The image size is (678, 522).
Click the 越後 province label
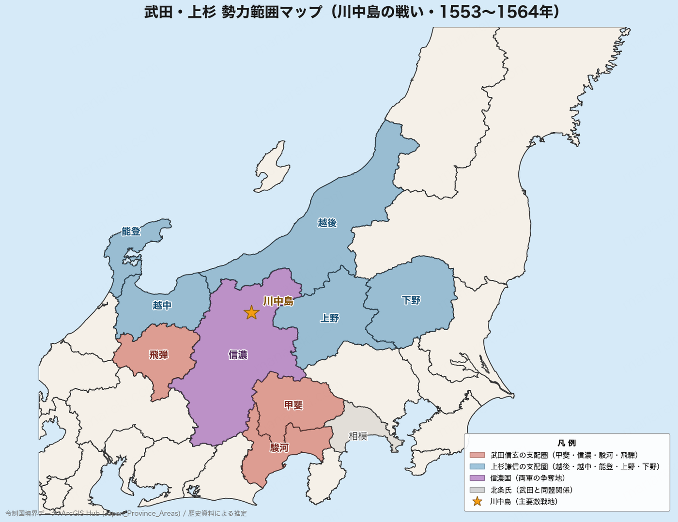[x=327, y=223]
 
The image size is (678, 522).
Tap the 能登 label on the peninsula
[x=131, y=231]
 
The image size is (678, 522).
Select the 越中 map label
[x=162, y=305]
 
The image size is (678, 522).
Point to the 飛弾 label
[x=158, y=355]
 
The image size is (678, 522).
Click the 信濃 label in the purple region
[x=238, y=355]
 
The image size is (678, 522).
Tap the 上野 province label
[x=330, y=318]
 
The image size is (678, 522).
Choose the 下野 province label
[x=411, y=300]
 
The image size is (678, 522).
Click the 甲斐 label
[x=293, y=405]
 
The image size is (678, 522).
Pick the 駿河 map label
[x=279, y=447]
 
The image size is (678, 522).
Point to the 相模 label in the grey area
[x=358, y=436]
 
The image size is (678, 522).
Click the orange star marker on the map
[x=251, y=313]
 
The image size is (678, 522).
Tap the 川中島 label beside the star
[x=278, y=301]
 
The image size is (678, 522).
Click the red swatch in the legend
[x=477, y=455]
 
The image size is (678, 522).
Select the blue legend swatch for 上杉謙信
[x=477, y=467]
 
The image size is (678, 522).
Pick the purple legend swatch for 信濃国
[x=477, y=478]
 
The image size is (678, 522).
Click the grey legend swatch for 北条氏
[x=477, y=490]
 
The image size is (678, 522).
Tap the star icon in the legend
[x=477, y=502]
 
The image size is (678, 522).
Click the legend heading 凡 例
[x=567, y=443]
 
